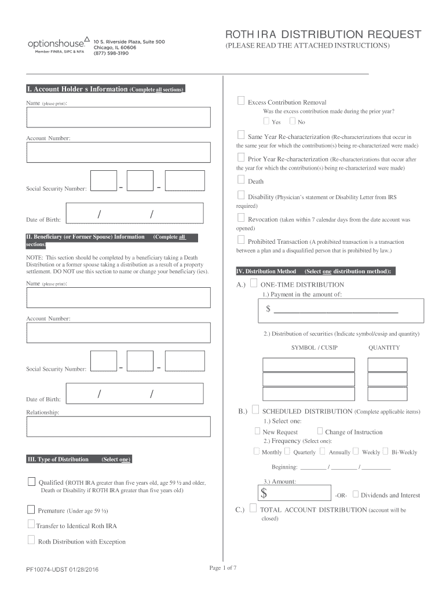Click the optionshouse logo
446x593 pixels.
[57, 44]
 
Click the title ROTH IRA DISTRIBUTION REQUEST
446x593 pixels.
[323, 34]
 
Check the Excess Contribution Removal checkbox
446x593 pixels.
[241, 101]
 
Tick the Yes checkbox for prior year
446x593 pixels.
[266, 122]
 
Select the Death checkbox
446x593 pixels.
[241, 181]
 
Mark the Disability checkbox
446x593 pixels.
[241, 196]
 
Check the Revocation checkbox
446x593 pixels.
[241, 218]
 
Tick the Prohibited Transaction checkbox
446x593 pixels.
[241, 240]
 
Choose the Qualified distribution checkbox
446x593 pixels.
[31, 482]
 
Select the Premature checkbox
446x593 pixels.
[31, 510]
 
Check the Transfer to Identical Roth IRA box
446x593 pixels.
[31, 525]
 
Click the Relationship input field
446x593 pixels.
[118, 427]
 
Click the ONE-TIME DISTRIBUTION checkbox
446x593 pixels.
[254, 284]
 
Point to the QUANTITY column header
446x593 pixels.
[384, 347]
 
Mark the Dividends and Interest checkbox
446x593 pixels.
[355, 495]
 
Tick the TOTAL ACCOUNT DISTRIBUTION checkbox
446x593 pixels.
[254, 509]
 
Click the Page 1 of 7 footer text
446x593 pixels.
[223, 568]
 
